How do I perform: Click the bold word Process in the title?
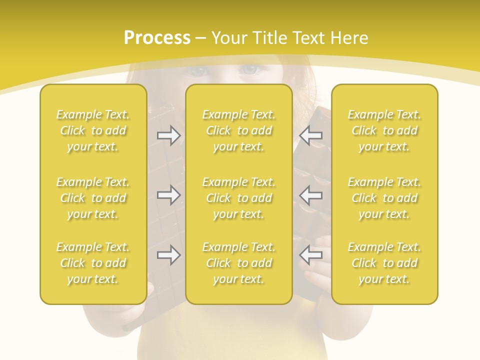[x=157, y=38]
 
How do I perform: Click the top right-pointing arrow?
[x=168, y=135]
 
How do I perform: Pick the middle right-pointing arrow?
[x=168, y=195]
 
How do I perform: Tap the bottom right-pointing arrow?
[x=168, y=255]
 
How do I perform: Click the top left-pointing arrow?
[x=311, y=135]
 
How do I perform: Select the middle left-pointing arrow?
[x=311, y=195]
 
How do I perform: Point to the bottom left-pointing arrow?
[x=311, y=255]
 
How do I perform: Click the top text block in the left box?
[x=93, y=130]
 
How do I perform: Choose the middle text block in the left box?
[x=93, y=198]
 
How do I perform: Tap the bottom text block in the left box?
[x=93, y=263]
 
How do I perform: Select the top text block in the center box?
[x=239, y=130]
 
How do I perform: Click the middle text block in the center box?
[x=239, y=198]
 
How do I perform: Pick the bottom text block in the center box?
[x=239, y=263]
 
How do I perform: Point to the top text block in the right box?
[x=384, y=130]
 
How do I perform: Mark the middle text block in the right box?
[x=384, y=198]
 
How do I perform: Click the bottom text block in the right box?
[x=384, y=263]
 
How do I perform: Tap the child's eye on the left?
[x=198, y=70]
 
